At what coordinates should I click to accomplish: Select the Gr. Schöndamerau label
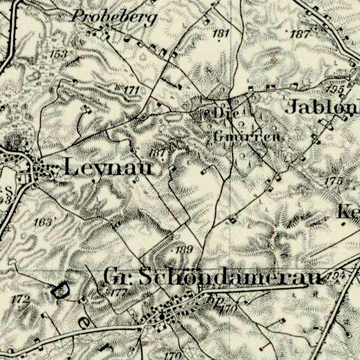tap(212, 277)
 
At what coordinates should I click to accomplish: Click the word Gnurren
tap(247, 137)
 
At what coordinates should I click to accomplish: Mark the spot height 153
tap(59, 54)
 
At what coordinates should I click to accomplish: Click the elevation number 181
tap(221, 34)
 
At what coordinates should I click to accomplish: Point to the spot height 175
tap(333, 181)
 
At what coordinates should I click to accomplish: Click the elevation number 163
tap(43, 222)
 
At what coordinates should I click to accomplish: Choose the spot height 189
tap(185, 249)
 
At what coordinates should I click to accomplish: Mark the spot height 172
tap(20, 298)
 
